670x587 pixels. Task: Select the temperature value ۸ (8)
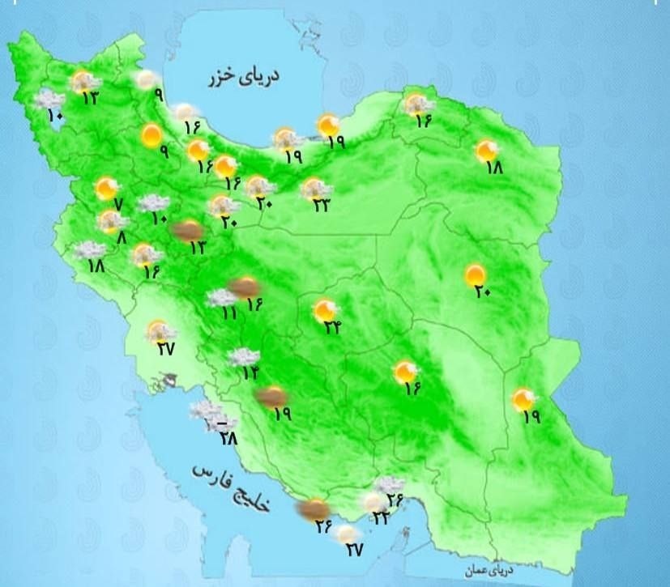(122, 238)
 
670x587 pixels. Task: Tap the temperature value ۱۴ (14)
(250, 372)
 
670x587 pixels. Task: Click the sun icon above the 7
(106, 189)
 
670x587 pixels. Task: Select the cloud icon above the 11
(222, 297)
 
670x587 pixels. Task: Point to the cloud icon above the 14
(242, 355)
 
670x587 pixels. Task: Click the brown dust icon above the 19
(270, 397)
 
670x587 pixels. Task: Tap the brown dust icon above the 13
(189, 231)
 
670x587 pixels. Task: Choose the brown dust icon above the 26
(312, 508)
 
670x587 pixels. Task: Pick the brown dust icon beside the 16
(244, 286)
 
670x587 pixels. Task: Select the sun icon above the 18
(487, 151)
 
